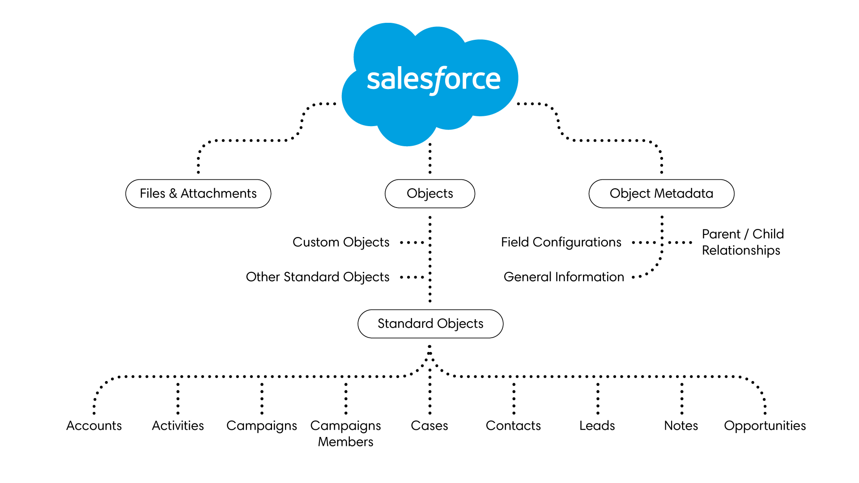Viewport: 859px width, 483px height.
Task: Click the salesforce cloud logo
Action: coord(430,83)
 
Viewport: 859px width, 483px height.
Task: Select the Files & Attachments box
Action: coord(198,194)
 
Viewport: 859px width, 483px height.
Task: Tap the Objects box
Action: coord(430,194)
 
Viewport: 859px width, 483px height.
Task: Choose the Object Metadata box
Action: coord(661,194)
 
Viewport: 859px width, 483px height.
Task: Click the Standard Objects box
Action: coord(430,323)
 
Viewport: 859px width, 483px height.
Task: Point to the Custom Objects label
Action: coord(341,242)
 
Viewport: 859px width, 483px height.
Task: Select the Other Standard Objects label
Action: coord(318,277)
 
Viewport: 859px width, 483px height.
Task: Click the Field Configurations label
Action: coord(561,242)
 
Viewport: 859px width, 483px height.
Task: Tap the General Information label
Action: coord(564,277)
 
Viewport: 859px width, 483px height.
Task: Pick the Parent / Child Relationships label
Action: coord(742,242)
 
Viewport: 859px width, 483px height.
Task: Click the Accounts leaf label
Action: coord(94,425)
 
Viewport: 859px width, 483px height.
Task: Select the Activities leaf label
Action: coord(178,425)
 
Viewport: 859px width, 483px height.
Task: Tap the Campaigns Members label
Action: coord(346,433)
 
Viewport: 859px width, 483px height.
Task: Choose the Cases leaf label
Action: coord(429,425)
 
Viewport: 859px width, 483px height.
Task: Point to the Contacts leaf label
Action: coord(513,425)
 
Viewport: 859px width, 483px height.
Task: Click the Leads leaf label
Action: coord(597,425)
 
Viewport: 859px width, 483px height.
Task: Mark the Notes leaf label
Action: coord(681,425)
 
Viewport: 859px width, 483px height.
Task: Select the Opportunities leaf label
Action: coord(765,426)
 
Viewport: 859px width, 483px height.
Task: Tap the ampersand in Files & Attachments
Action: coord(173,194)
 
